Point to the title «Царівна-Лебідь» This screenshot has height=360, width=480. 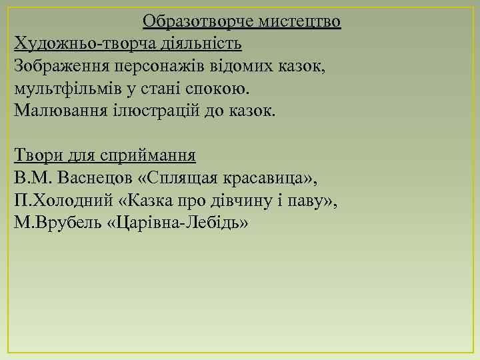pyautogui.click(x=177, y=222)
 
